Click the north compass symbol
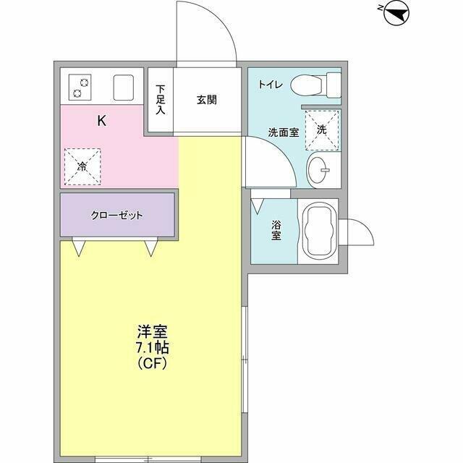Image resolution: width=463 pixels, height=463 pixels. tap(396, 13)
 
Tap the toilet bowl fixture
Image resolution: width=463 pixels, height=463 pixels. tap(315, 85)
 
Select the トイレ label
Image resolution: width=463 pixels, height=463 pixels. tap(271, 85)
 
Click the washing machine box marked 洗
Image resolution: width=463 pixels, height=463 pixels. tap(321, 130)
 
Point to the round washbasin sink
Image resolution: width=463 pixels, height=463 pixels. tap(318, 170)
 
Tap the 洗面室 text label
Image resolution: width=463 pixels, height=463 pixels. tap(283, 132)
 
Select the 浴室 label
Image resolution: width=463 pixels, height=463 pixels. tap(276, 231)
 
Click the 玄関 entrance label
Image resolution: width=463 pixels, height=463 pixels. tap(206, 100)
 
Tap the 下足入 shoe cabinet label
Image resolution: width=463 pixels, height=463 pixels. tap(161, 100)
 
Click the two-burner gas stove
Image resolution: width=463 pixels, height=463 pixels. tap(80, 87)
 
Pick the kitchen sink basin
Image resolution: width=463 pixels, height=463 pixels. tap(124, 88)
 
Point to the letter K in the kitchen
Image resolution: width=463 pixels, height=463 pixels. tap(102, 121)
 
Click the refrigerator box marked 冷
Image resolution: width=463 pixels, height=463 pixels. tap(82, 167)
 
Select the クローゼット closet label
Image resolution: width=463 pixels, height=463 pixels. tap(117, 216)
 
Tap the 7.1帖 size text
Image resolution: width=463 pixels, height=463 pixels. tap(152, 348)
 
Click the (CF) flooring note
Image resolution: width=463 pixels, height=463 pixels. tap(153, 363)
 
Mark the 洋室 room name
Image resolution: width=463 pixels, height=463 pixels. tap(153, 331)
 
